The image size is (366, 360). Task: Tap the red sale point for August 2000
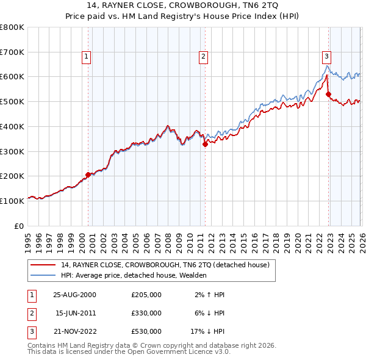pos(88,175)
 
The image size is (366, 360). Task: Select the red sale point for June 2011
pos(205,144)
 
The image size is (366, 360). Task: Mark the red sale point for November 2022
pos(328,94)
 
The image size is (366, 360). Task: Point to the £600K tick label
pos(12,77)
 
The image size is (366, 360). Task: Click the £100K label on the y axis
pos(12,201)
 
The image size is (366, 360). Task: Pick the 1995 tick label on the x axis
pos(28,237)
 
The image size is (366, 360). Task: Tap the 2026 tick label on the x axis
pos(361,237)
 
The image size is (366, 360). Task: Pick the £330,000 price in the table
pos(146,313)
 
